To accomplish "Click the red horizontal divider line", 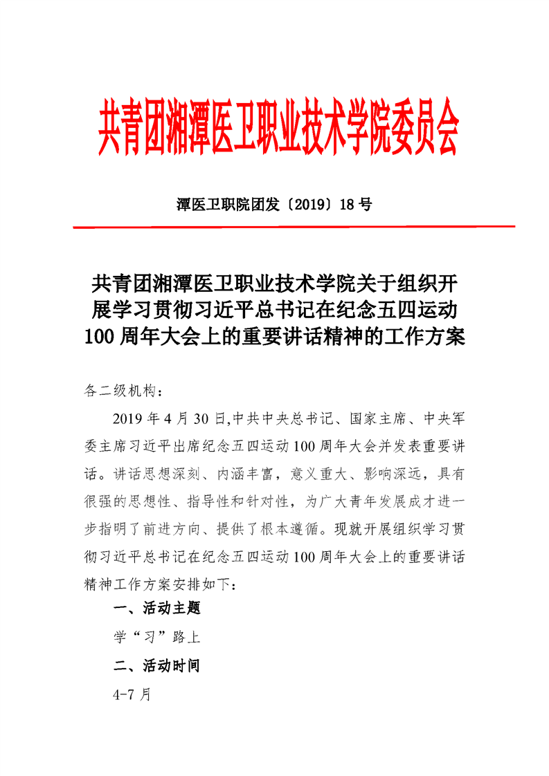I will pos(294,226).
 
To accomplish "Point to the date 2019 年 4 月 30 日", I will pos(169,419).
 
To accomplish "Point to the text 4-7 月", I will pos(132,694).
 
